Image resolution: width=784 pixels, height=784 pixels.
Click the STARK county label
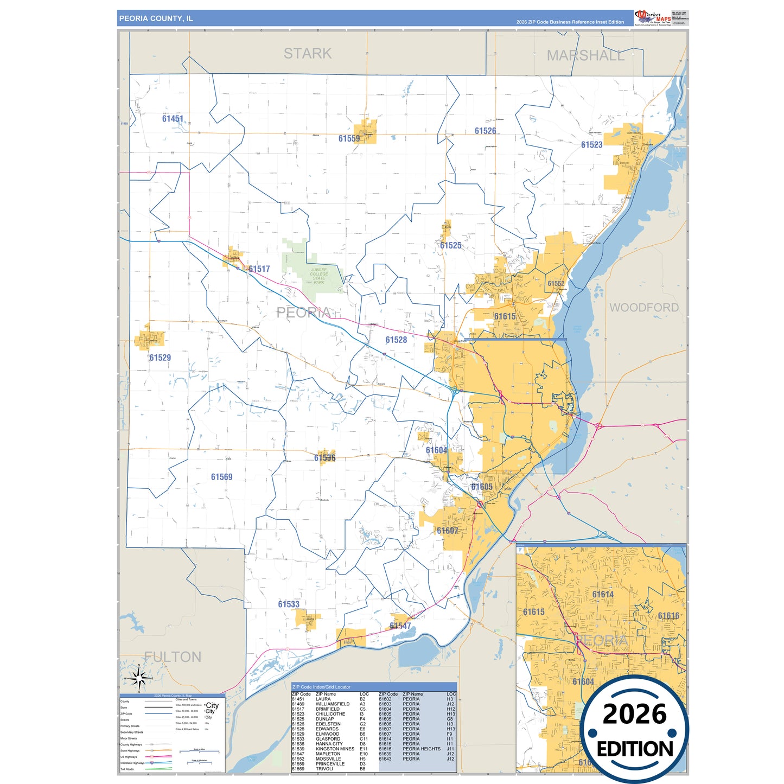[x=308, y=54]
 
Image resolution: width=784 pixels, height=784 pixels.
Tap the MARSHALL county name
[x=585, y=56]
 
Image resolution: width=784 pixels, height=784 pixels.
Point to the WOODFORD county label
[x=643, y=308]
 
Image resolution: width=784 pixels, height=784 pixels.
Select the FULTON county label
[x=173, y=657]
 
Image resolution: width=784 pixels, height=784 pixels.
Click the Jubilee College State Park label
[x=319, y=276]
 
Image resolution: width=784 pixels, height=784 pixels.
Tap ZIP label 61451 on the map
[x=173, y=119]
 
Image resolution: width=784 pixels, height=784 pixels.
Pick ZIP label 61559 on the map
[x=349, y=139]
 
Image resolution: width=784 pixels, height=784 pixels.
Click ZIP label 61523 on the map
[x=591, y=145]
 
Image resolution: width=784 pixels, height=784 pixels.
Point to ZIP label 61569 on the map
[x=221, y=477]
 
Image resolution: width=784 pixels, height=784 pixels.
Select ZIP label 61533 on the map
[x=289, y=604]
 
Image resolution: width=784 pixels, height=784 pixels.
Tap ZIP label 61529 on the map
[x=160, y=358]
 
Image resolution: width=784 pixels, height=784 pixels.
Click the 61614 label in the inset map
[x=603, y=595]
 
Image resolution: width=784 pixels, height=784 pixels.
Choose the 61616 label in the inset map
[x=668, y=616]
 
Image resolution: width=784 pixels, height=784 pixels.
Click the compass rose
[x=139, y=678]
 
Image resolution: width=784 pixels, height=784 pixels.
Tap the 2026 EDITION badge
[x=634, y=729]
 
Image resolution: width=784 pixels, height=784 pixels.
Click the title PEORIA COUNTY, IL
[x=156, y=18]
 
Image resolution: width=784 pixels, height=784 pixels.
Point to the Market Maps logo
[x=653, y=18]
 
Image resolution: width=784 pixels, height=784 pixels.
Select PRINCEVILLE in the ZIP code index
[x=330, y=764]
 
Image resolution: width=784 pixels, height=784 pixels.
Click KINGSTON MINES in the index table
[x=335, y=749]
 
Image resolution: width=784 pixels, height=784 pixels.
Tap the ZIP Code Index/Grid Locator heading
[x=321, y=687]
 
